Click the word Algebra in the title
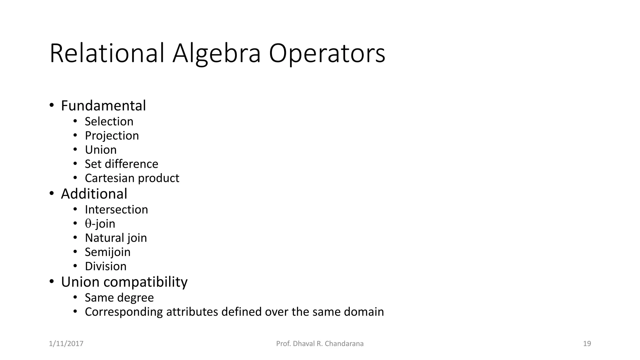pos(216,54)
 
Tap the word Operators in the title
pos(327,54)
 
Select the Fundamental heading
pos(103,106)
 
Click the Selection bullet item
pos(109,121)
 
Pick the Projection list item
pos(112,136)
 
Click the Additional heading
pos(94,194)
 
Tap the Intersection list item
pos(116,209)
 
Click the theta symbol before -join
pos(88,223)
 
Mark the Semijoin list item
pos(107,252)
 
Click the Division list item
pos(106,266)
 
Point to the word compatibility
pos(145,282)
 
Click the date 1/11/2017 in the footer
pos(66,344)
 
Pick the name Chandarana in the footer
pos(344,344)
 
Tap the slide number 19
pos(587,344)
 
